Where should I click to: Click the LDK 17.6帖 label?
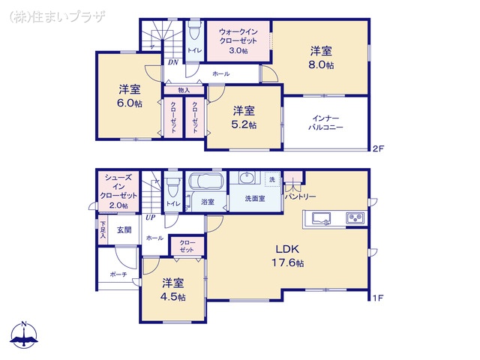coord(288,256)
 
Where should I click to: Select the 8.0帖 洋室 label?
coord(322,58)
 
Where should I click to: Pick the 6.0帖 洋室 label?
coord(129,97)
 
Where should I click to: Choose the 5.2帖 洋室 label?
coord(243,118)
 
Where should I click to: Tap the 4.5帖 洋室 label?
coord(173,289)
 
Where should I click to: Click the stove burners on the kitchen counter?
coord(354,218)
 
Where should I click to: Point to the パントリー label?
coord(300,196)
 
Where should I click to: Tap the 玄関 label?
coord(124,230)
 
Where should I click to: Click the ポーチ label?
coord(118,274)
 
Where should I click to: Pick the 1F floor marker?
coord(378,298)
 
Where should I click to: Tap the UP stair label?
coord(151,217)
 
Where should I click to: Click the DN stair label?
coord(172,62)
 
